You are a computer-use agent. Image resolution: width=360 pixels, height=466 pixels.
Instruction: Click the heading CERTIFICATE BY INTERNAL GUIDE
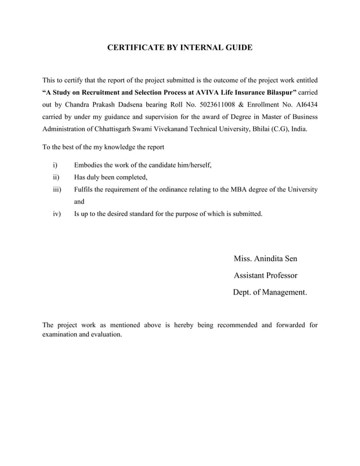pyautogui.click(x=179, y=49)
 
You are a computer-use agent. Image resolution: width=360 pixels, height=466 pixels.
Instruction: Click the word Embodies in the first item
pyautogui.click(x=89, y=165)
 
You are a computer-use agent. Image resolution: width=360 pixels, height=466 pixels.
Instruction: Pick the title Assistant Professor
pyautogui.click(x=265, y=276)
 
